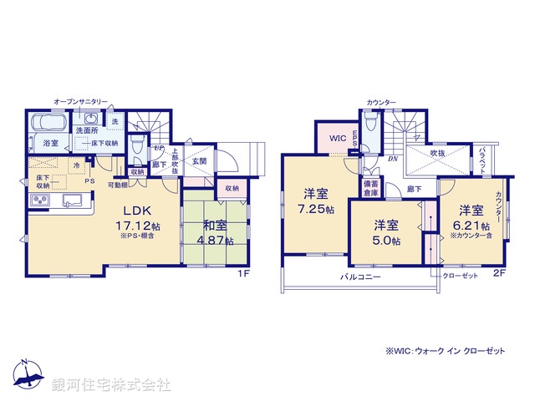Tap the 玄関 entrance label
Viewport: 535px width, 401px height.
200,161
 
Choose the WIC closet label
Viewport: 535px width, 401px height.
338,137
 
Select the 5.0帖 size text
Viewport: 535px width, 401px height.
385,241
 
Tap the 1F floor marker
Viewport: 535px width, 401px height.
243,272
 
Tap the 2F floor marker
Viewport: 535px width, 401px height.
498,272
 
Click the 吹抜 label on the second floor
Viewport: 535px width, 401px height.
437,154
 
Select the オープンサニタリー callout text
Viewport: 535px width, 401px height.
80,100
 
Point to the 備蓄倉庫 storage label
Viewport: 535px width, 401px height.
369,190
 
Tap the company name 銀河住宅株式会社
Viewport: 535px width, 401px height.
110,385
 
